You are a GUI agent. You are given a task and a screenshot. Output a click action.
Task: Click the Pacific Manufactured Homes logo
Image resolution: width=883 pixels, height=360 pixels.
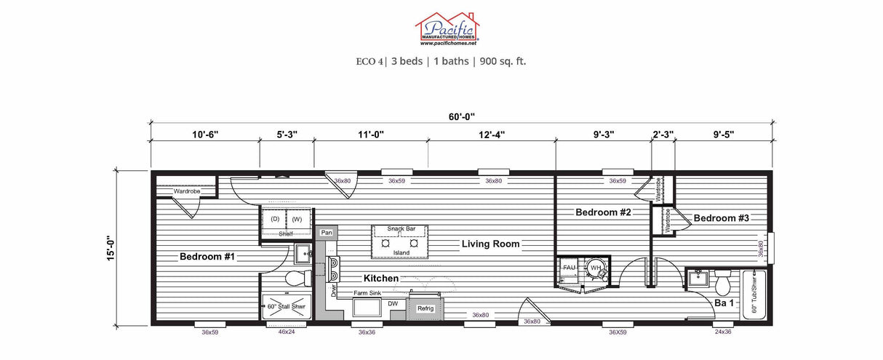coord(447,29)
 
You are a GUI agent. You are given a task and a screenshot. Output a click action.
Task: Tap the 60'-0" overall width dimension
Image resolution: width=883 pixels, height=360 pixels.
coord(462,116)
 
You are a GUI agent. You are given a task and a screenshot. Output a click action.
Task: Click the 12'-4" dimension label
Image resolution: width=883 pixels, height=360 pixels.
coord(492,135)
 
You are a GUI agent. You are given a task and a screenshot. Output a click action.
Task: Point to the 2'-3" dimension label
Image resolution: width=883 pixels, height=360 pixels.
coord(662,135)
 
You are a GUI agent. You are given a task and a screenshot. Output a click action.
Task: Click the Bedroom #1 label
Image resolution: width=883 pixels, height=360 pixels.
coord(207,257)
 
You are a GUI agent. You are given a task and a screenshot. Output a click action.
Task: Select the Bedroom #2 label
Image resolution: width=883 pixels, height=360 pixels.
coord(603,212)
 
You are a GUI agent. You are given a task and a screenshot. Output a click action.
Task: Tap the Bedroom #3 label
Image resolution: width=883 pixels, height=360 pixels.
coord(720,218)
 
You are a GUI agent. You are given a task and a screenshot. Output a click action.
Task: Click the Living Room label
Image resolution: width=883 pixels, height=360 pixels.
coord(490,244)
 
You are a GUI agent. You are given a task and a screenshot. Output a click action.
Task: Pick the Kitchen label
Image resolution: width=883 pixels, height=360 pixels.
coord(381,279)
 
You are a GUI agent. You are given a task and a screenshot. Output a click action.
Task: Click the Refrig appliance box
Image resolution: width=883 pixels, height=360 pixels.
coord(425,308)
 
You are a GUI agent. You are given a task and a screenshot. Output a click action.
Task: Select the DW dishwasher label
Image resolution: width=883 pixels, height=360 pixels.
coord(393,304)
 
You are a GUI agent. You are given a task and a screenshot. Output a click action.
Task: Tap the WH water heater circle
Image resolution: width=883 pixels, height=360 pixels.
coord(596,268)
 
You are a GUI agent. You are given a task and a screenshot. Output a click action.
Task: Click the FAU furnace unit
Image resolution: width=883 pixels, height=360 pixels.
coord(570,268)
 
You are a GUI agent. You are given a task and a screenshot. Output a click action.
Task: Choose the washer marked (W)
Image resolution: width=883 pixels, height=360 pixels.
coord(297,218)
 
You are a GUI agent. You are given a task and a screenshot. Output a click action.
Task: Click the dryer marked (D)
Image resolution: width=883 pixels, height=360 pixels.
coord(275,218)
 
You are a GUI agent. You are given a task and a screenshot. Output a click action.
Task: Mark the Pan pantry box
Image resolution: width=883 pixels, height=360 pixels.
coord(327,233)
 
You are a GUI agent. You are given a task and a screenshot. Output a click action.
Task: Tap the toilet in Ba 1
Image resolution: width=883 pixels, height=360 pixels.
coord(723,280)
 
